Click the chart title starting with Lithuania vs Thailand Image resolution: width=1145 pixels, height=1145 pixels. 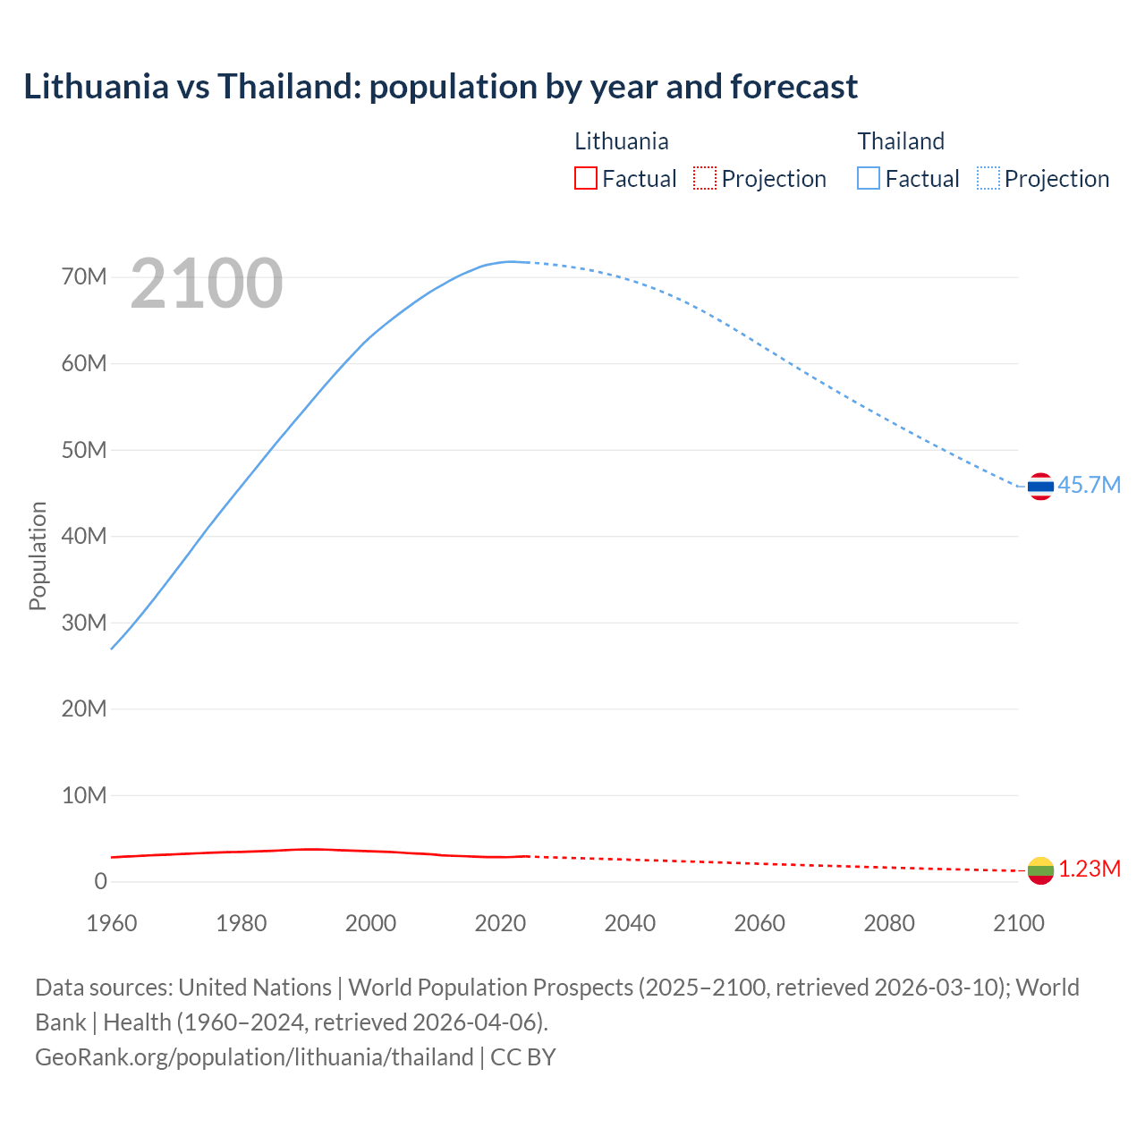coord(440,87)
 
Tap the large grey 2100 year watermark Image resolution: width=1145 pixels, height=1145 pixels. coord(207,284)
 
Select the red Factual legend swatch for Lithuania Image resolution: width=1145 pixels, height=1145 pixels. coord(585,179)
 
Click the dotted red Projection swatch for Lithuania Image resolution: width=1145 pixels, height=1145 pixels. coord(705,179)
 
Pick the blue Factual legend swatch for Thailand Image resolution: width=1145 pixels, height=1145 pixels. coord(868,179)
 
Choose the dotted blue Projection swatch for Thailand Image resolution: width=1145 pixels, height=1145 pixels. coord(988,179)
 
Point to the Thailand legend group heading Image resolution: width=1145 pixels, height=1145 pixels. coord(901,141)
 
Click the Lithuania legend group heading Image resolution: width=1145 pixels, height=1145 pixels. coord(621,141)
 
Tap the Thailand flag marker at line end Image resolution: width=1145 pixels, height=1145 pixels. coord(1040,486)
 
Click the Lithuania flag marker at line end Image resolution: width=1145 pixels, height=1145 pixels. coord(1040,870)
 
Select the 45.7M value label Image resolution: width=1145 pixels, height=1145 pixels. coord(1089,485)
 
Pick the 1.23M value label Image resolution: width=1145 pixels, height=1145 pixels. coord(1090,869)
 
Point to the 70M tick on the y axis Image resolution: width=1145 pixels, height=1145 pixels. coord(84,276)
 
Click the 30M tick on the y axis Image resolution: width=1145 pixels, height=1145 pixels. coord(84,623)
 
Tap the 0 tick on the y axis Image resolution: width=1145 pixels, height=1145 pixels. coord(100,881)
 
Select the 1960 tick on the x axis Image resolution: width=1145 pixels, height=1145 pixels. coord(112,923)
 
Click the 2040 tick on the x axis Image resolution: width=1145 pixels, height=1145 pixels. coord(630,923)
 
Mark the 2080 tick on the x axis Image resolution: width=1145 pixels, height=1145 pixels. coord(889,923)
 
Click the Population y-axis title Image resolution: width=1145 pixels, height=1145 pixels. coord(38,556)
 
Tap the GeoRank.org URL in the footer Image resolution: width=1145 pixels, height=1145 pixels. coord(254,1057)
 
